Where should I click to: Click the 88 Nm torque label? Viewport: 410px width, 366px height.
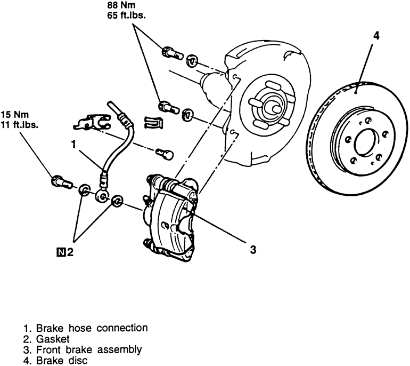(x=121, y=5)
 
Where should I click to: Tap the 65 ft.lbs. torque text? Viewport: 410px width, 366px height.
(x=126, y=15)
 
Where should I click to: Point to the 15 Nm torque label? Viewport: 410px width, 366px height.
(x=15, y=115)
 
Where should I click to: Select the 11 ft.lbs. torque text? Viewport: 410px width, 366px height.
(x=20, y=125)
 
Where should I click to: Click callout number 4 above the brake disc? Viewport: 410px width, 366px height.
(x=376, y=36)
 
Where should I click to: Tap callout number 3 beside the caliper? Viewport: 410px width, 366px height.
(x=252, y=250)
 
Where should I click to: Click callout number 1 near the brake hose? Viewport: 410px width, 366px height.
(x=74, y=144)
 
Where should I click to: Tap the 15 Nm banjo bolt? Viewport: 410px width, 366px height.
(x=62, y=182)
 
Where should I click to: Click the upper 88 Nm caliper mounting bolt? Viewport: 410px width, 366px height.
(x=172, y=53)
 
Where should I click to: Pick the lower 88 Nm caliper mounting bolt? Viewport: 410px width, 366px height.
(x=169, y=107)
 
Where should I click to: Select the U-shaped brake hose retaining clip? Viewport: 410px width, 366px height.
(x=153, y=122)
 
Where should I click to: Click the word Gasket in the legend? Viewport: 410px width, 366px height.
(x=53, y=339)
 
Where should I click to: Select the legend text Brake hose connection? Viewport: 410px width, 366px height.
(x=92, y=328)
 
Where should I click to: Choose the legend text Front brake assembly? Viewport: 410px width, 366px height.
(x=89, y=350)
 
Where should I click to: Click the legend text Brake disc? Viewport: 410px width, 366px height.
(x=62, y=361)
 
